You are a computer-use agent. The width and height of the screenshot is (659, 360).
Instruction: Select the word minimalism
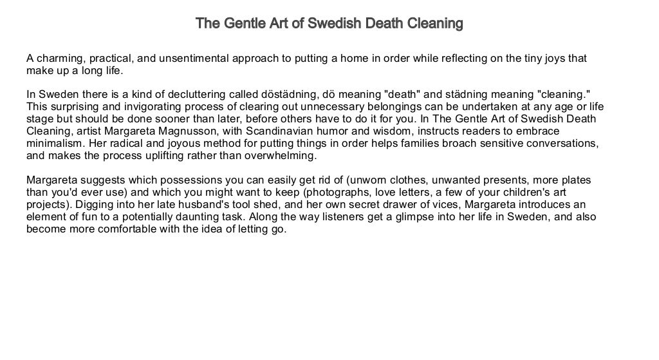click(x=57, y=144)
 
